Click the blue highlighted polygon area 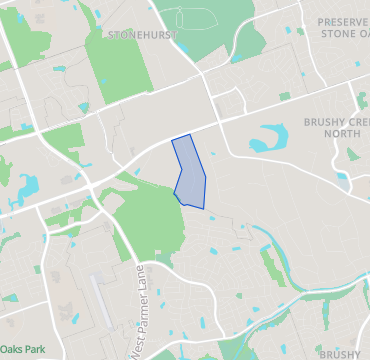point(189,171)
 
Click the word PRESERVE point(343,21)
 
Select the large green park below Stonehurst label point(124,75)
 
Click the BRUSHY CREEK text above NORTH point(336,123)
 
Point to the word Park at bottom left point(36,350)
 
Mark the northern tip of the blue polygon point(188,135)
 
